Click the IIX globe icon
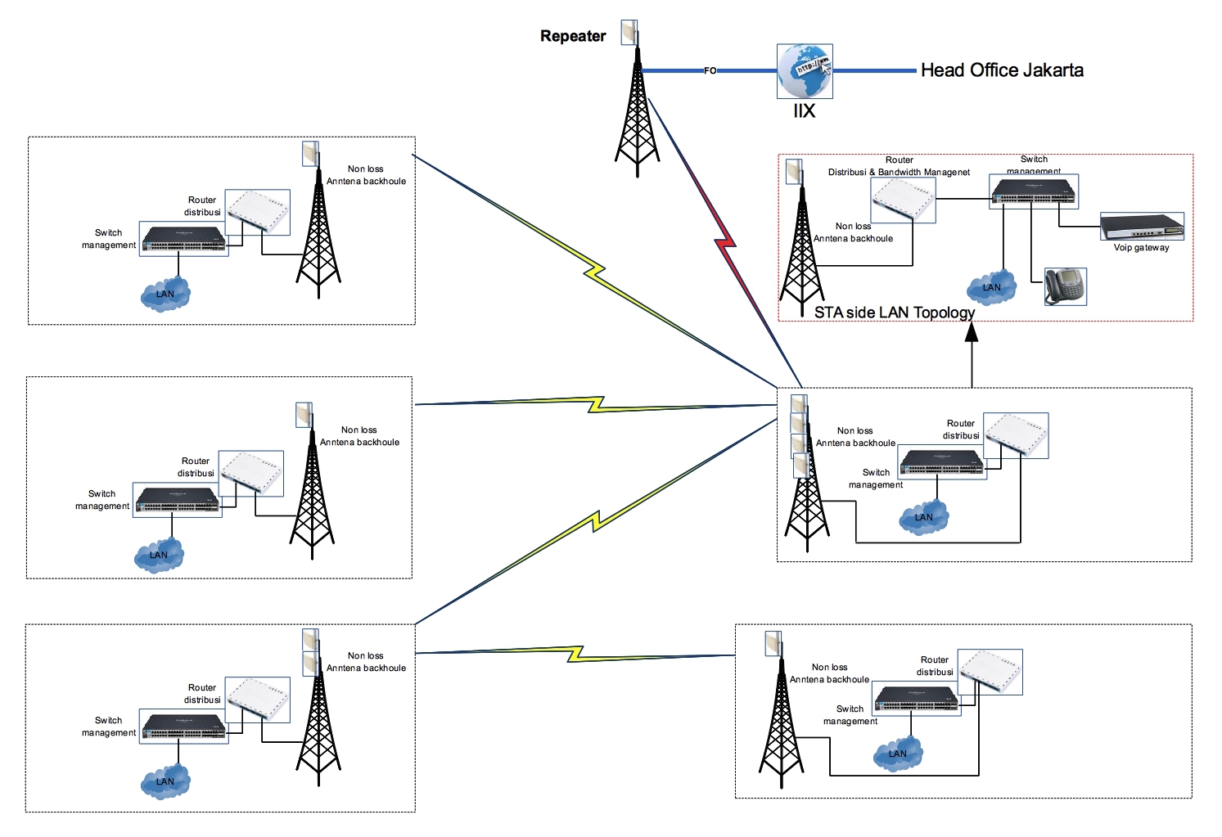coord(805,71)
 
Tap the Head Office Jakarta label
coord(1002,70)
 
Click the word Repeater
coord(573,36)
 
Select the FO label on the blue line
coord(710,71)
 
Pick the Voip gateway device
coord(1142,226)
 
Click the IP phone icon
coord(1065,286)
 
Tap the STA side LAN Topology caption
coord(894,313)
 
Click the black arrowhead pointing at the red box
coord(972,331)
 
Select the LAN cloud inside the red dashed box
coord(991,287)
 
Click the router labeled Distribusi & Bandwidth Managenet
coord(903,199)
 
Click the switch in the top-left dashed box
coord(183,239)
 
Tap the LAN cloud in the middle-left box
coord(159,555)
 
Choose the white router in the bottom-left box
coord(258,699)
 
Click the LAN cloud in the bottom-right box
coord(898,754)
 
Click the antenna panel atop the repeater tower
coord(629,33)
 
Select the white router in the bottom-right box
coord(990,672)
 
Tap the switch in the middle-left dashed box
coord(177,500)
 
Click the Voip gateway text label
coord(1141,248)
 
